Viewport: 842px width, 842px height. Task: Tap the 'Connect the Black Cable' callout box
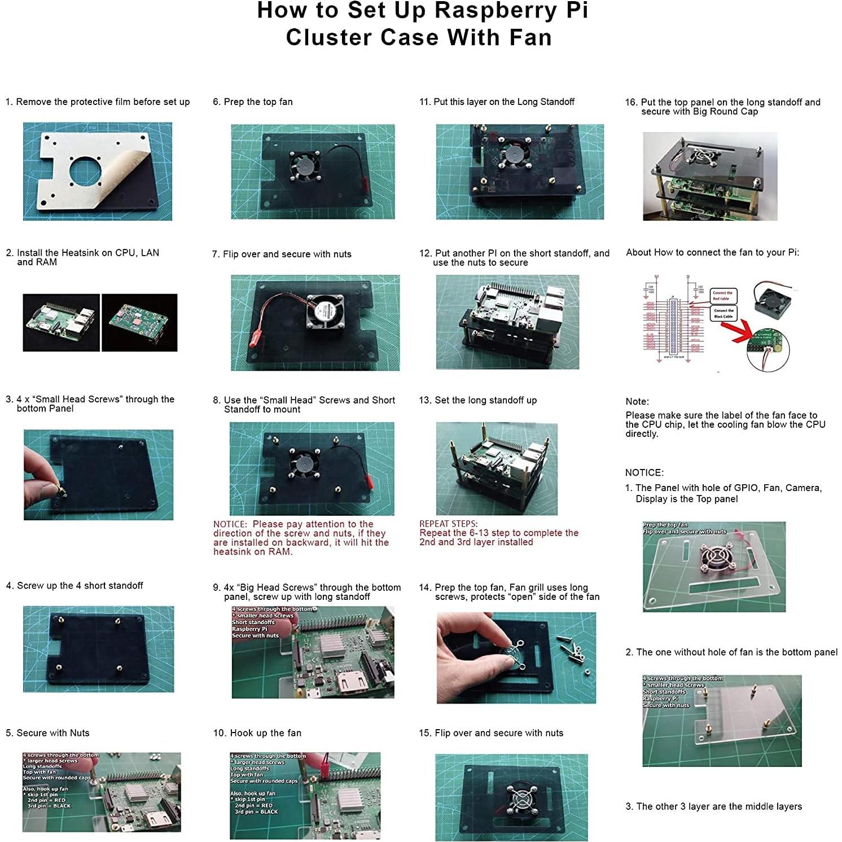(723, 313)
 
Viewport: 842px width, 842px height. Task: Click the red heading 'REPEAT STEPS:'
(448, 523)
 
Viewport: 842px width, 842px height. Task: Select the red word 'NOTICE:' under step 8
(230, 524)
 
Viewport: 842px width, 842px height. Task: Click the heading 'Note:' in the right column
(637, 401)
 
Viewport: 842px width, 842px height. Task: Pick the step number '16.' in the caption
(631, 102)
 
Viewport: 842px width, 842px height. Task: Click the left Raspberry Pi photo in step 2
(61, 322)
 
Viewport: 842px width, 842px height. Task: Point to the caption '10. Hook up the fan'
(257, 733)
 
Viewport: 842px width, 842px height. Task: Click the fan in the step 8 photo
(301, 463)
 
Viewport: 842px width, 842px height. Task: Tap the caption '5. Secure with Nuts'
(47, 733)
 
